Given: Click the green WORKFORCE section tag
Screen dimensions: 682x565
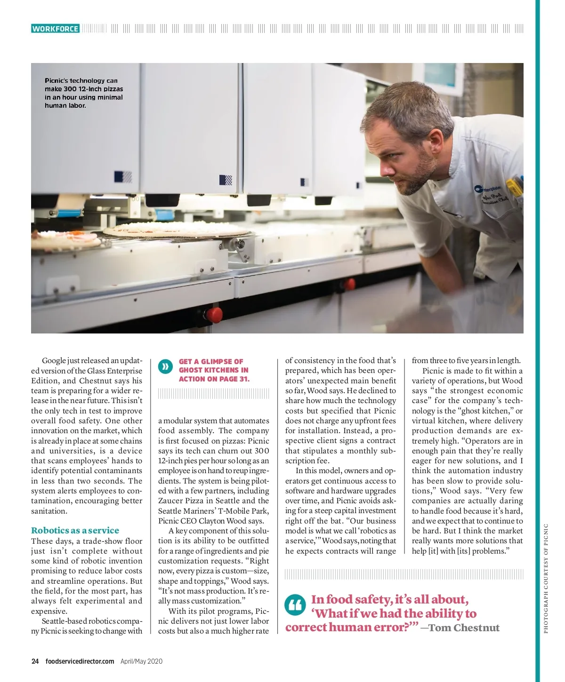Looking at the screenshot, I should (x=55, y=29).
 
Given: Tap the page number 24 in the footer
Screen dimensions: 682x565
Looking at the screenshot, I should (x=35, y=661).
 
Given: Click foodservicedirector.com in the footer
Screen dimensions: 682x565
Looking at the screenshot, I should (x=80, y=661).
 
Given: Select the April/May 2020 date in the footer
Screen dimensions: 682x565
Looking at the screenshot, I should (x=141, y=661).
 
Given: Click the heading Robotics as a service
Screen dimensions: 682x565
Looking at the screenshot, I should (x=75, y=530).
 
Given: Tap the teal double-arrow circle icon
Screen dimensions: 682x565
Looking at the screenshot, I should (x=165, y=366).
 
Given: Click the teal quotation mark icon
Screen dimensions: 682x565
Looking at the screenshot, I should (x=295, y=605).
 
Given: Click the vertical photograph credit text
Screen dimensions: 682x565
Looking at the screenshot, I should (x=546, y=578).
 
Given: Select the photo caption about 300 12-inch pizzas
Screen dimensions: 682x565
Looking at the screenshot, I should (x=84, y=93).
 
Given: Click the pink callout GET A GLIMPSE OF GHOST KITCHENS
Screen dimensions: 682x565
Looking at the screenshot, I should (x=214, y=370).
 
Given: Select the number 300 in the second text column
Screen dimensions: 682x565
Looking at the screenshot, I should (x=262, y=451).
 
